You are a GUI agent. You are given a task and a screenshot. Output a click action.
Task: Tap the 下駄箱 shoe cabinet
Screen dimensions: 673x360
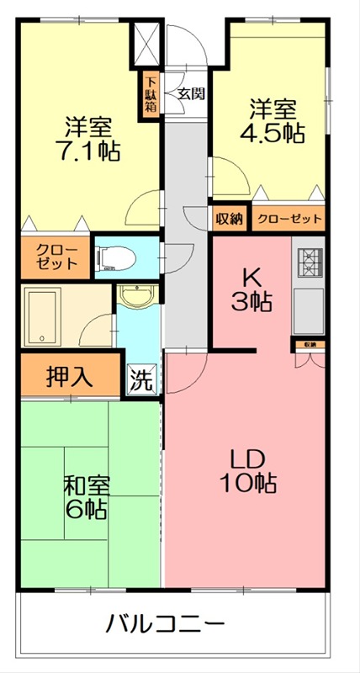[x=150, y=95]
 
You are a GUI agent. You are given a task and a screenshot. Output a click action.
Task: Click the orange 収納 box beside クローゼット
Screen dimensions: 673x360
[x=229, y=219]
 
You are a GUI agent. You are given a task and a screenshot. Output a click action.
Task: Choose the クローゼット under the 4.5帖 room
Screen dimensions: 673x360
[x=289, y=219]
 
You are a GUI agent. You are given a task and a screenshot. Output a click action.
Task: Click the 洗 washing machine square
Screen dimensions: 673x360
[x=141, y=380]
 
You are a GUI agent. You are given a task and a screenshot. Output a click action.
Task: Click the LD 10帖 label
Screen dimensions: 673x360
[x=249, y=471]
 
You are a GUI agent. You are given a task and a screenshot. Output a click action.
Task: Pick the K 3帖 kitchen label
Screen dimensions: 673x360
[x=251, y=289]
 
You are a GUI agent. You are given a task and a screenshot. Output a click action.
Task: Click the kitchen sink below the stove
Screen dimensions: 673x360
[x=308, y=310]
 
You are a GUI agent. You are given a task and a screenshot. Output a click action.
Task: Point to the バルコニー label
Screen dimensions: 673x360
[x=165, y=624]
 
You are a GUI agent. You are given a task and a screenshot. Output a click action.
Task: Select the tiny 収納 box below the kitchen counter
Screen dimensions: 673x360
[x=309, y=344]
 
